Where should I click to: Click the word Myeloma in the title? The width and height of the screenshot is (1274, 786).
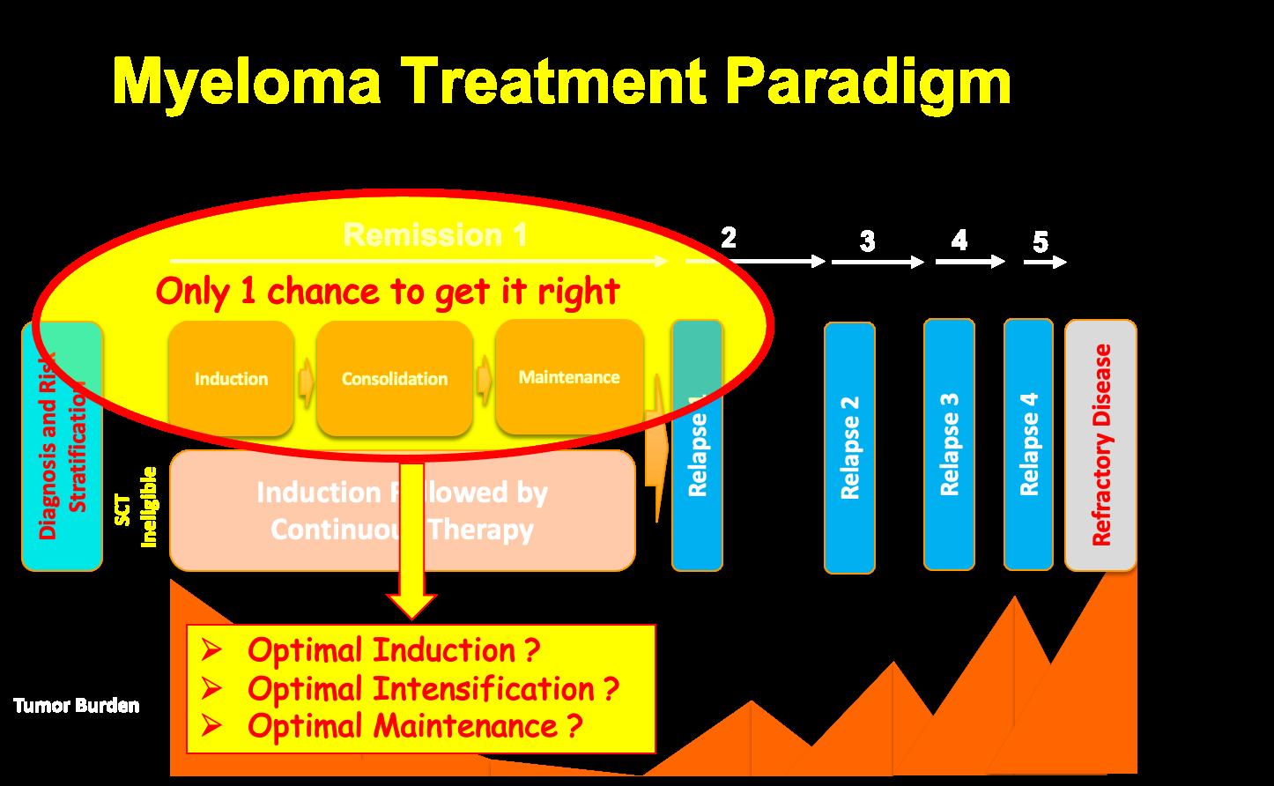click(x=248, y=84)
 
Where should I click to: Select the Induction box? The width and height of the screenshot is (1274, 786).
click(x=231, y=379)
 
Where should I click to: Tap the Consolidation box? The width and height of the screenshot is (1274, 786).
click(x=394, y=379)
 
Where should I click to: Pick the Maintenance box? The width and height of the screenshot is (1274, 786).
click(x=569, y=377)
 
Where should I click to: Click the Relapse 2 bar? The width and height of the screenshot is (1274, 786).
click(x=849, y=448)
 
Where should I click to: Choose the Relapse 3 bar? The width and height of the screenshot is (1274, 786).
click(x=949, y=444)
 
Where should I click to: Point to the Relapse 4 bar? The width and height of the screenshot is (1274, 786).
click(x=1028, y=444)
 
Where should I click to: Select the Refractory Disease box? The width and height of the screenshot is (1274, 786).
click(x=1100, y=445)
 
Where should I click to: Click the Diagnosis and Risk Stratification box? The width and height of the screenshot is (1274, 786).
click(x=62, y=446)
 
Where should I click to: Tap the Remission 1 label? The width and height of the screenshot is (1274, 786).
click(x=435, y=235)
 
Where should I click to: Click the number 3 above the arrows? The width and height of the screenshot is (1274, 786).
click(x=867, y=241)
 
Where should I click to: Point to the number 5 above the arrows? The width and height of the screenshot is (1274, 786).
click(x=1041, y=241)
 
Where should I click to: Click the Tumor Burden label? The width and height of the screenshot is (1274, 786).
click(x=76, y=706)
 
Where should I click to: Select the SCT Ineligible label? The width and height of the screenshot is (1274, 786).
click(x=137, y=507)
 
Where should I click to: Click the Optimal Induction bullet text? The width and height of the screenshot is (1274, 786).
click(x=393, y=650)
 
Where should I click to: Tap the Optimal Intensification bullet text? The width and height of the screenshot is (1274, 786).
click(x=433, y=688)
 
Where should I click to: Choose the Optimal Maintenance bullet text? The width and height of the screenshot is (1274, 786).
click(x=415, y=726)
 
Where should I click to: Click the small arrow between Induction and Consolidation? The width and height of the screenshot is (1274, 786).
click(x=306, y=381)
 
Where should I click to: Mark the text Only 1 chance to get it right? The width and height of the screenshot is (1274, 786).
click(x=388, y=291)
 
